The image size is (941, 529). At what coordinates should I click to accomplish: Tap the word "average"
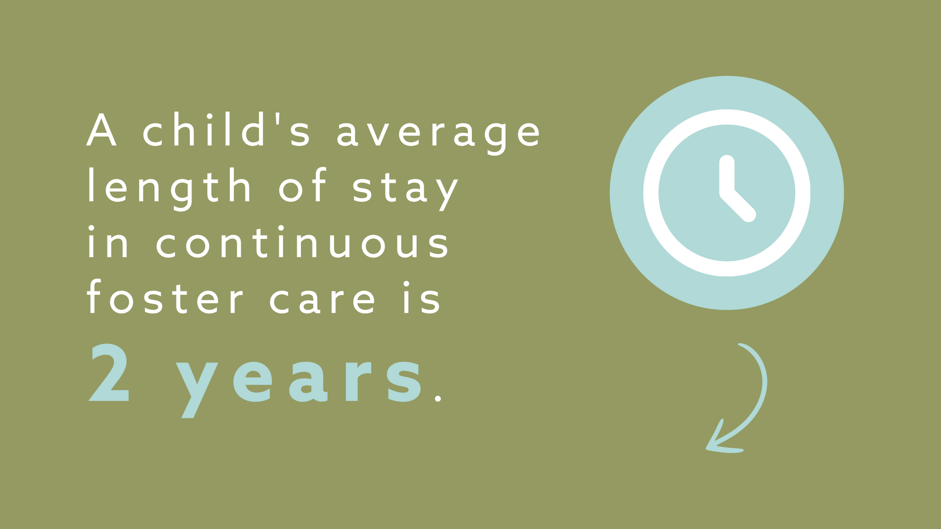(439, 133)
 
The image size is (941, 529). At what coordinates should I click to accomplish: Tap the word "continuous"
(303, 242)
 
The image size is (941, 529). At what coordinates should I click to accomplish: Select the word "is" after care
(422, 298)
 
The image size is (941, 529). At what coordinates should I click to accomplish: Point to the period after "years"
(438, 398)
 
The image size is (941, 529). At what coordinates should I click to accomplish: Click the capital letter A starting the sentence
(101, 130)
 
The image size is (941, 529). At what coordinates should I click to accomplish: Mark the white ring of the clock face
(651, 193)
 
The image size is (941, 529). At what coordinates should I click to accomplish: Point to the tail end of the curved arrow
(741, 345)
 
